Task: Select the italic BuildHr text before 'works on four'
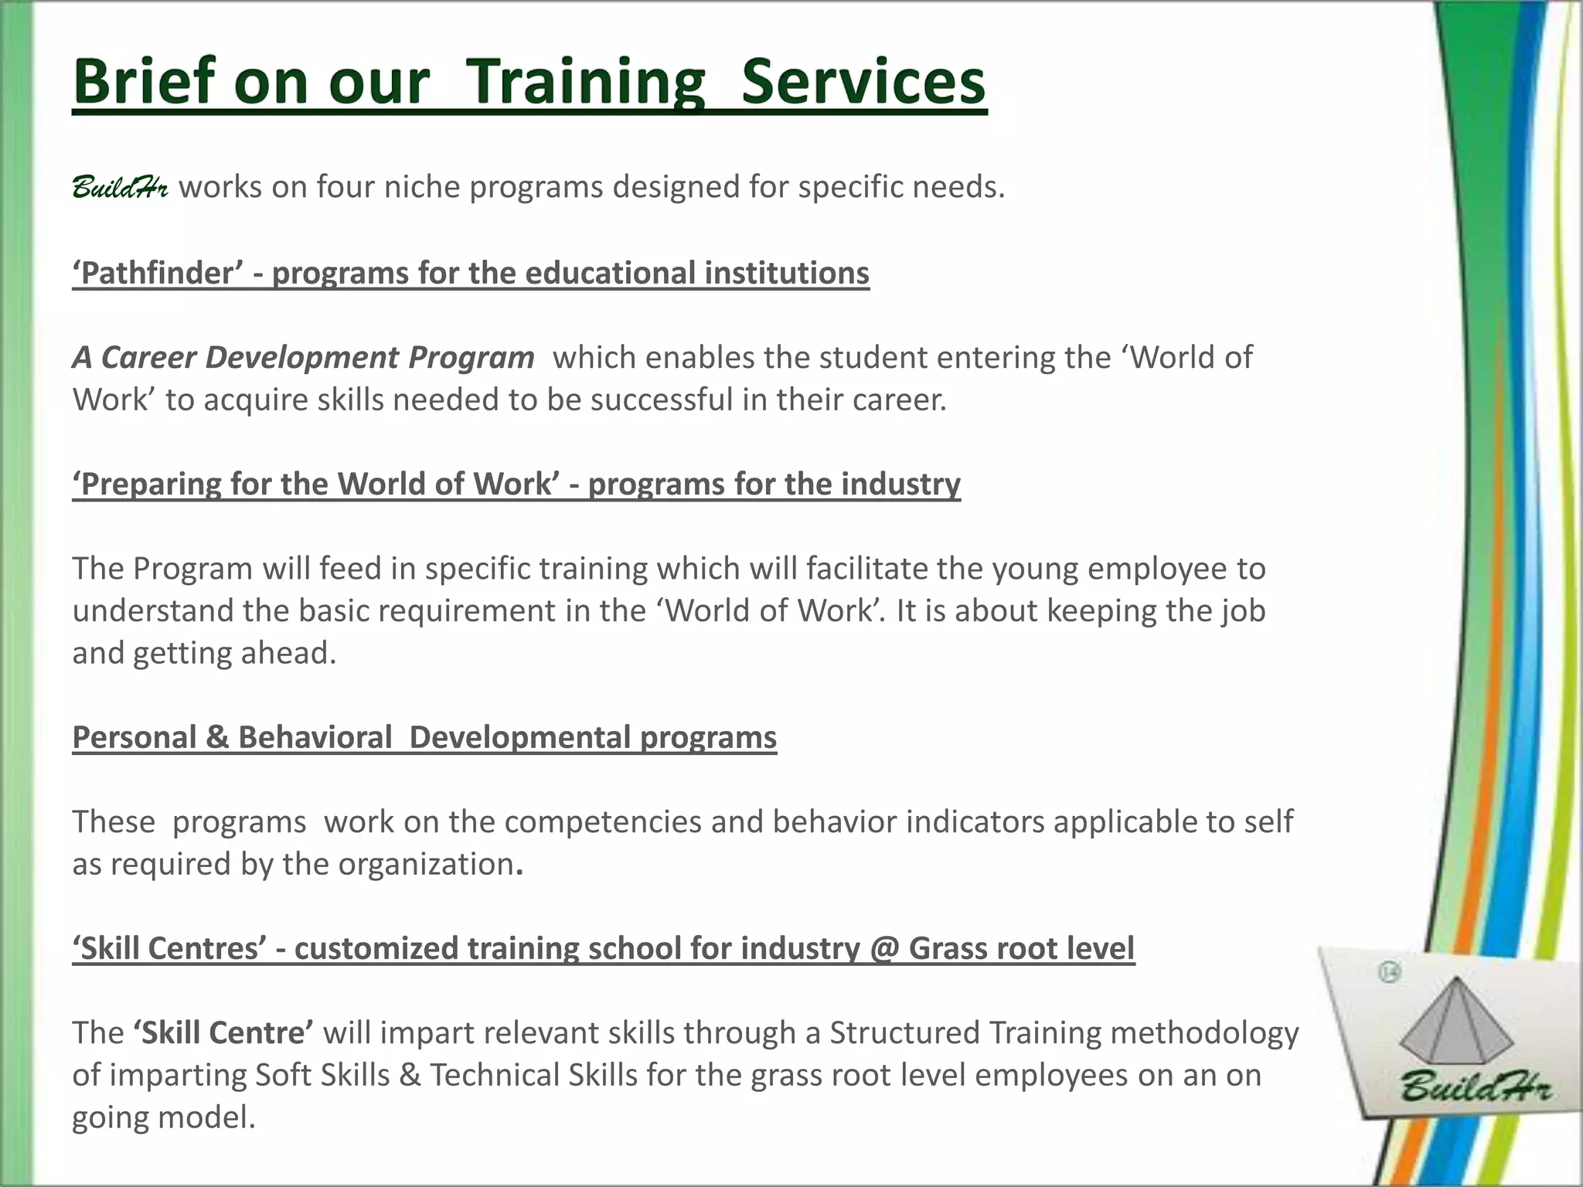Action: [x=120, y=187]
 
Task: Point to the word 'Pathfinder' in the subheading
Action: [x=158, y=273]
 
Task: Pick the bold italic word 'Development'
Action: [x=302, y=357]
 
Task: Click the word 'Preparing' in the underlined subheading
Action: [x=147, y=484]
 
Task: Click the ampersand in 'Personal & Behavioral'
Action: [x=217, y=737]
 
